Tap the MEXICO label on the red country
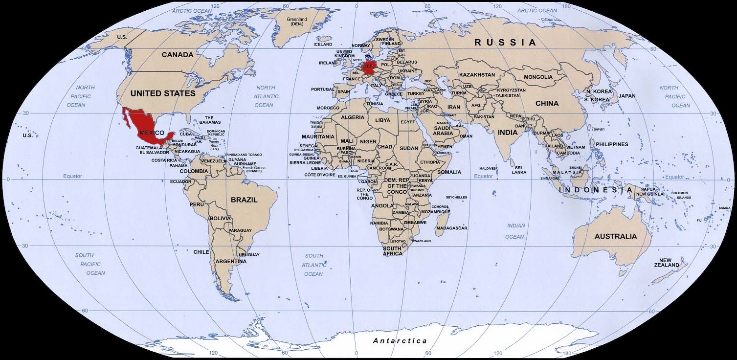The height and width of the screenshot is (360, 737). click(x=152, y=133)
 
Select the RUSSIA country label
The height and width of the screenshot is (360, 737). click(x=505, y=43)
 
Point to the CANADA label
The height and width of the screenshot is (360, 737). click(x=178, y=55)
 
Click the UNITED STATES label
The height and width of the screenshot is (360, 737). click(x=163, y=93)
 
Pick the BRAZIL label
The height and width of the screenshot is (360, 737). click(x=244, y=200)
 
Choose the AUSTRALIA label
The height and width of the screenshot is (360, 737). click(x=616, y=236)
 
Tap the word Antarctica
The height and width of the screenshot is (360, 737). click(x=400, y=341)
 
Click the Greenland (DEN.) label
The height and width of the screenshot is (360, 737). click(x=297, y=22)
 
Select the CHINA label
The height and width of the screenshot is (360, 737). click(x=547, y=103)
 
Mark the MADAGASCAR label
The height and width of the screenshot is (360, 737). click(x=452, y=228)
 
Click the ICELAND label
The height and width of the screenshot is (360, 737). click(x=322, y=44)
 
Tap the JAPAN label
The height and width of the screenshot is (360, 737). click(x=627, y=96)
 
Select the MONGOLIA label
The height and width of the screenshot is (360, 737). click(x=538, y=77)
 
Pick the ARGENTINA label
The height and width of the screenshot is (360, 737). click(x=231, y=261)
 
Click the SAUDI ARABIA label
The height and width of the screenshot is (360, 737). click(x=443, y=130)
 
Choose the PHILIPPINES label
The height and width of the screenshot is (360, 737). click(x=611, y=144)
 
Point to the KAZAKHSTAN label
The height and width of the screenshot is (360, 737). click(x=477, y=75)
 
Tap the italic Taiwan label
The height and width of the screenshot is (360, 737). click(x=598, y=129)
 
